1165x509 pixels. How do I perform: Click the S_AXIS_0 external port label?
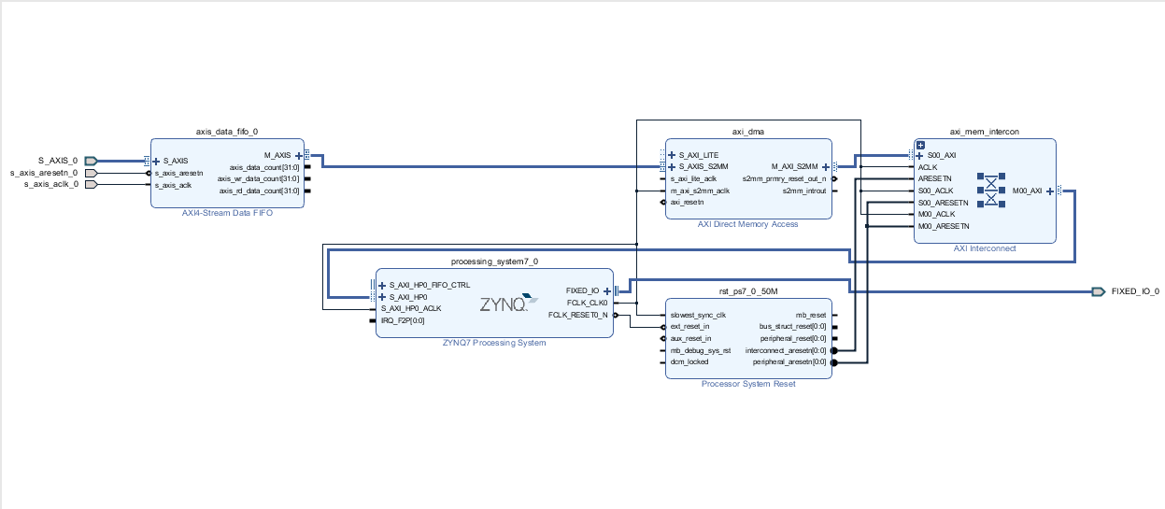click(57, 161)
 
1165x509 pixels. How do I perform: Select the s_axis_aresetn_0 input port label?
click(44, 173)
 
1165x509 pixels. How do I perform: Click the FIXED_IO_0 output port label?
click(1134, 291)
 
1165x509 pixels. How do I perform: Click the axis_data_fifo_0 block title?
click(227, 132)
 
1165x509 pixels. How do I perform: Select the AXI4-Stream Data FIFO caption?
click(227, 213)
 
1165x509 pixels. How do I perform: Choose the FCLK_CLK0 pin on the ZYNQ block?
click(587, 303)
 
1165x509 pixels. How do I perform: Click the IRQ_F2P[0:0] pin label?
click(402, 320)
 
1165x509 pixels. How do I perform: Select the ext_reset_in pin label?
click(689, 327)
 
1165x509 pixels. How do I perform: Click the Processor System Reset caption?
click(748, 384)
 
